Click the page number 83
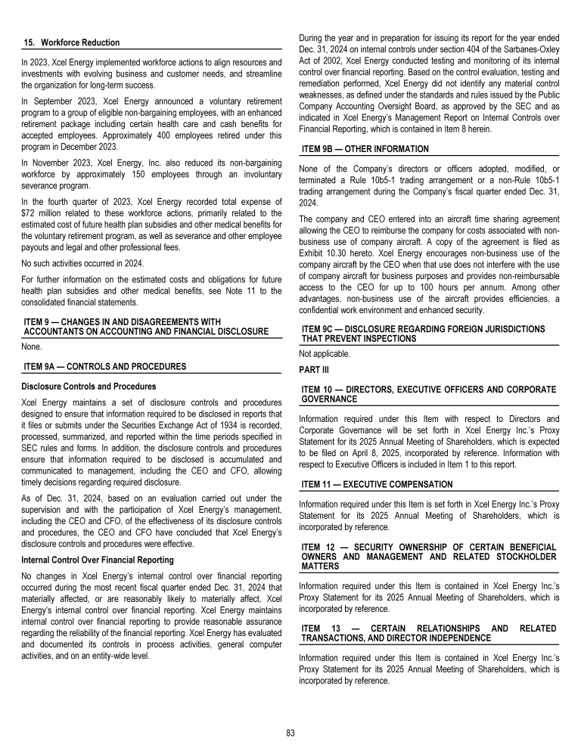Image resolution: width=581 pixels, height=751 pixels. [x=290, y=733]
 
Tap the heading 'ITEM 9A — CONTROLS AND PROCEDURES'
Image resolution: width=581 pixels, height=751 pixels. [x=105, y=367]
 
